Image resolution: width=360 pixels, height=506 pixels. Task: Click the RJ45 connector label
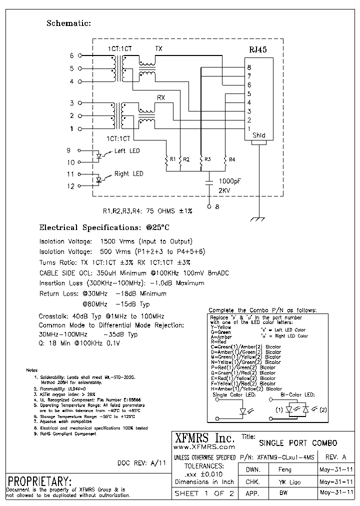258,50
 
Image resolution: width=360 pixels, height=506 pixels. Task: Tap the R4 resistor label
231,159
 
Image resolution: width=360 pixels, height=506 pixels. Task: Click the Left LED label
127,151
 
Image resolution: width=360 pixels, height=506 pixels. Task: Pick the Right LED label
128,174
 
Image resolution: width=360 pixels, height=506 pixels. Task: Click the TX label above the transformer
158,48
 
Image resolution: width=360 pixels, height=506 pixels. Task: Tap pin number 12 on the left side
70,186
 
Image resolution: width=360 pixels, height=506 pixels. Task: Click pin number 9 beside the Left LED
69,150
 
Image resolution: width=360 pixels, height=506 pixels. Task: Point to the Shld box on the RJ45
258,135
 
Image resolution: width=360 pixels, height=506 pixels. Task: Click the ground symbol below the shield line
258,219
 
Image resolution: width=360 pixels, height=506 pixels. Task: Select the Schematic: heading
68,23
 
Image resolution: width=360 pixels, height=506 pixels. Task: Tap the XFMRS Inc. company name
203,437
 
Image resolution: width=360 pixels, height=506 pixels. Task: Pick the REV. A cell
335,457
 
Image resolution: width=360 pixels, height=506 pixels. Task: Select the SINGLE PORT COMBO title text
297,443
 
